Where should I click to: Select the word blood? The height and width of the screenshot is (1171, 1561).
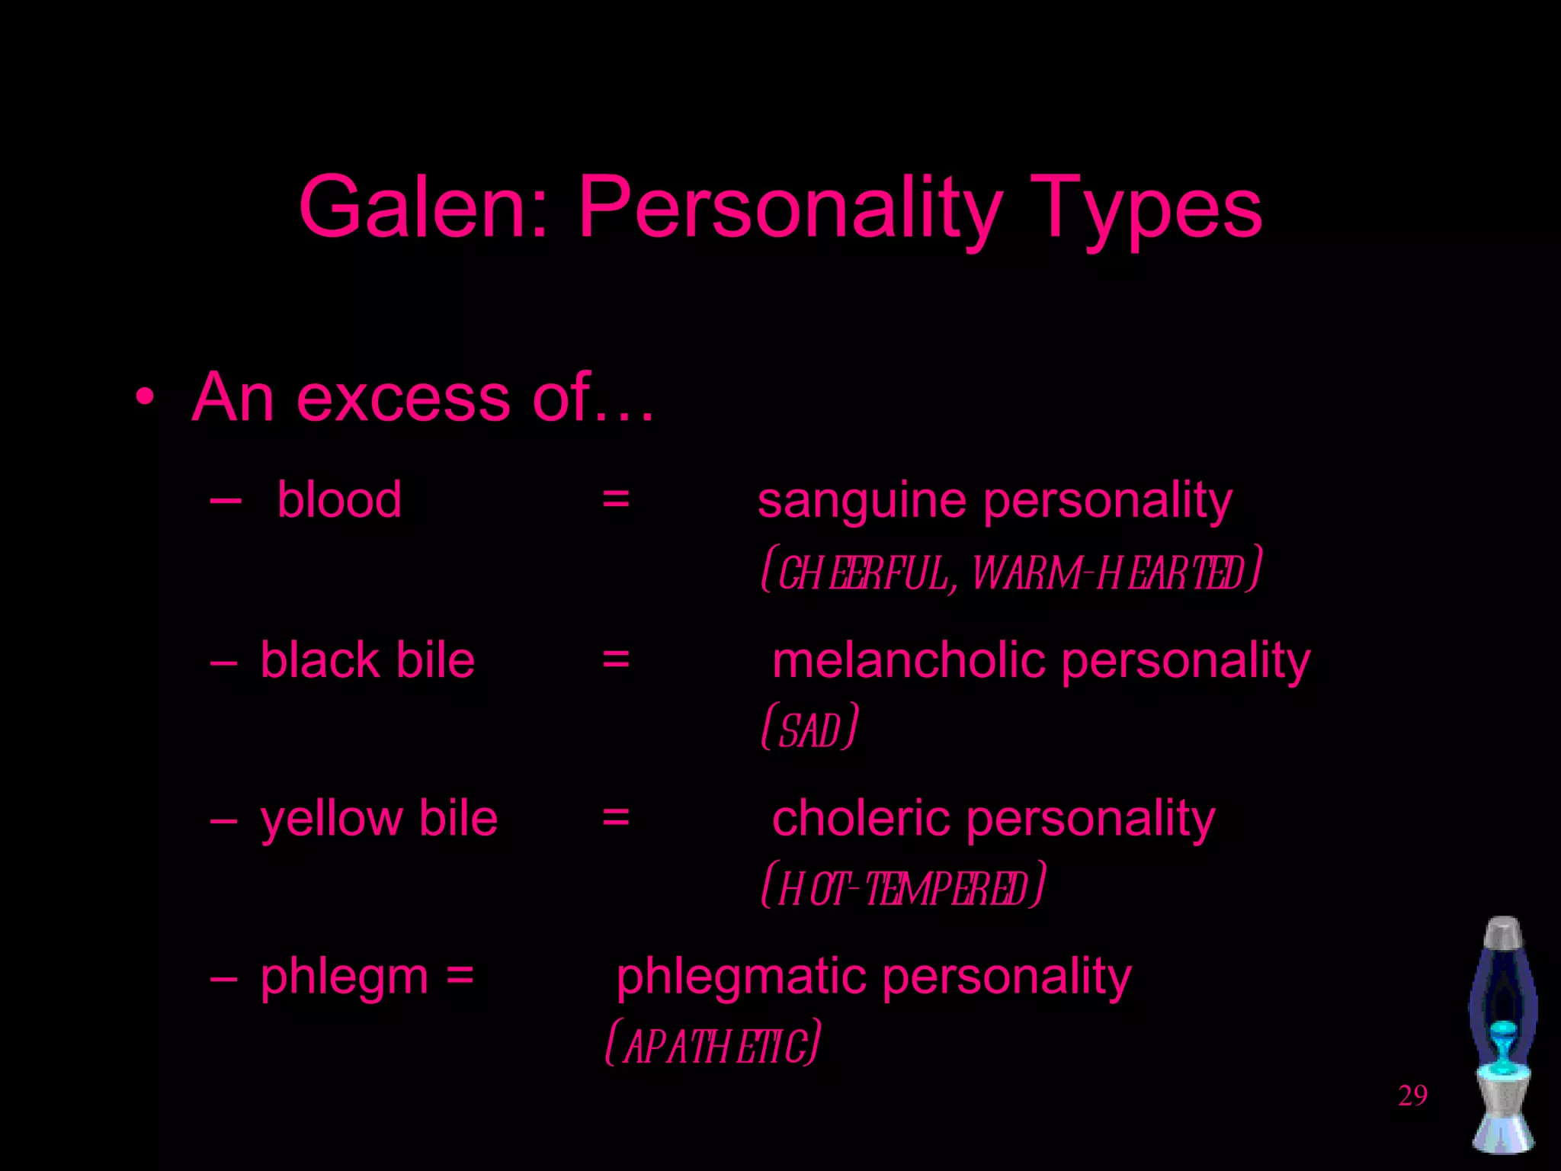339,500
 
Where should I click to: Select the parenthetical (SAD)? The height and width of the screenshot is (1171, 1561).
809,729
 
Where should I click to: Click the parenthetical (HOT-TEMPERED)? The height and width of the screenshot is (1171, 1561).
903,887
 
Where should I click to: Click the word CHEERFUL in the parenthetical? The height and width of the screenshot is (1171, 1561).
864,573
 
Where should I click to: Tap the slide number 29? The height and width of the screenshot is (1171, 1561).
1412,1096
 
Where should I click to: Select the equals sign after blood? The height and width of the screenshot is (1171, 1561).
616,500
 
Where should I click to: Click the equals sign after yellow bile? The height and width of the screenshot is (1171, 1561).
616,818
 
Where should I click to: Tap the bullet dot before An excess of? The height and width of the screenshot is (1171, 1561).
145,397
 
